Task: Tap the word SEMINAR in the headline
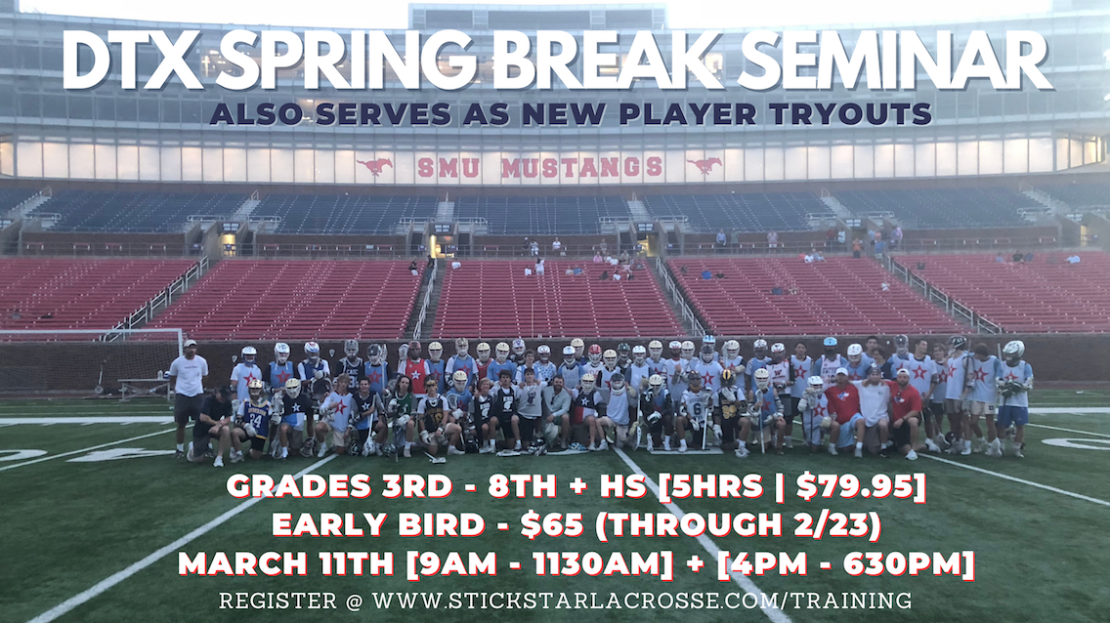pos(898,61)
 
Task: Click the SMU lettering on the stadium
pos(448,168)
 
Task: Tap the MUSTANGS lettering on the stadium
pos(582,168)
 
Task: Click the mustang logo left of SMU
pos(374,166)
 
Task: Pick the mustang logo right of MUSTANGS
pos(704,166)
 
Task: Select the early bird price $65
pos(551,525)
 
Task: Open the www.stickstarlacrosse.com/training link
pos(641,602)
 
